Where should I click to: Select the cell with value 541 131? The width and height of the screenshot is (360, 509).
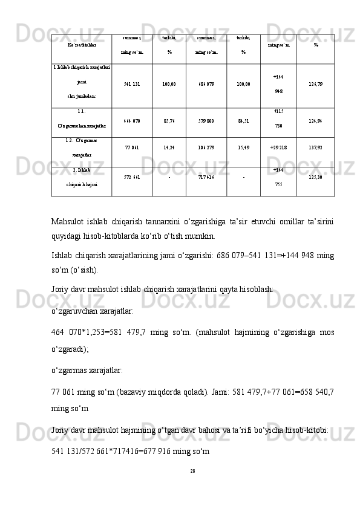pyautogui.click(x=131, y=85)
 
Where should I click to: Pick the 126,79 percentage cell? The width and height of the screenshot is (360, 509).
pyautogui.click(x=315, y=85)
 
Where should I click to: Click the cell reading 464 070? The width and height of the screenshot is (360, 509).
pyautogui.click(x=131, y=121)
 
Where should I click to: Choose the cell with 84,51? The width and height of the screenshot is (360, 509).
pyautogui.click(x=243, y=121)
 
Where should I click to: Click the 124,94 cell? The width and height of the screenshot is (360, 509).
pyautogui.click(x=315, y=121)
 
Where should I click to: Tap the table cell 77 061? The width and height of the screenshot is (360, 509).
pyautogui.click(x=131, y=146)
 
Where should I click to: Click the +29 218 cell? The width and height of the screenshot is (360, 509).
pyautogui.click(x=278, y=146)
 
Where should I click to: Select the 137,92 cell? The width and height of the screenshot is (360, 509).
pyautogui.click(x=315, y=146)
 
